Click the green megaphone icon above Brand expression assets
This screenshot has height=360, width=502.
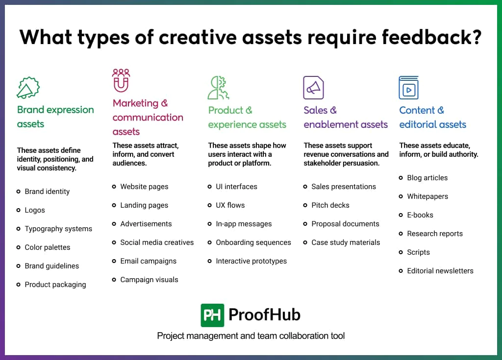28,88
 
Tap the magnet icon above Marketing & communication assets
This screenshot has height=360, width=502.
121,80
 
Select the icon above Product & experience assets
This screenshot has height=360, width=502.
218,88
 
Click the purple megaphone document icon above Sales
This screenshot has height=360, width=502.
313,88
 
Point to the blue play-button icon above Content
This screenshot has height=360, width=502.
408,88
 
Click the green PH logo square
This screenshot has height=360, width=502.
212,315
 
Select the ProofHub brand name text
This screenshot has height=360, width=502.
264,315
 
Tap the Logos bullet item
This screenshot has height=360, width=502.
35,210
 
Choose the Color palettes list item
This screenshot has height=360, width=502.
48,247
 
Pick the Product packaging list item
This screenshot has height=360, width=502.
55,285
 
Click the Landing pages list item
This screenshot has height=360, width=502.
144,205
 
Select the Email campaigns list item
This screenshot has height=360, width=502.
148,261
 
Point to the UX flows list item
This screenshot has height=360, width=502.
230,205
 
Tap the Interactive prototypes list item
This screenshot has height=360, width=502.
251,261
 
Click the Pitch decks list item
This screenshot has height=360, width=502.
330,205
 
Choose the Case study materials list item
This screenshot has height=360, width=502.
346,242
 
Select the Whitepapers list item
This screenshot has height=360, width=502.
427,196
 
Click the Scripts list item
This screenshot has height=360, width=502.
418,252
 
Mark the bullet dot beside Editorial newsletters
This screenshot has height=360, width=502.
402,271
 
